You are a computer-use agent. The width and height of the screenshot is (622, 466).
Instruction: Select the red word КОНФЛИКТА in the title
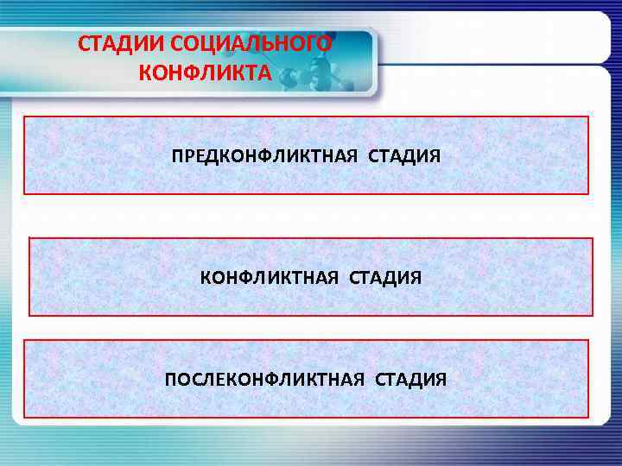[204, 72]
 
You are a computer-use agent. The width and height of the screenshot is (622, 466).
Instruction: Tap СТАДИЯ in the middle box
[385, 278]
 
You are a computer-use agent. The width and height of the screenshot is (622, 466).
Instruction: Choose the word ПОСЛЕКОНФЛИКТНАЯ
[265, 380]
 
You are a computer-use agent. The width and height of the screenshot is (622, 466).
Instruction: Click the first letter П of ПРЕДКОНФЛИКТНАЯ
[177, 157]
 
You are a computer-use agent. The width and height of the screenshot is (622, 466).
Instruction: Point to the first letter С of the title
[84, 45]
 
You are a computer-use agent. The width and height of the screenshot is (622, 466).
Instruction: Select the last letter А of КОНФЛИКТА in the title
[264, 72]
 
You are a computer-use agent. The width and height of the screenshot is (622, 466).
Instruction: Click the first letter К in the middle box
[206, 278]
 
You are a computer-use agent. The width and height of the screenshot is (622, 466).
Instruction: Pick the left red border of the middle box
[29, 277]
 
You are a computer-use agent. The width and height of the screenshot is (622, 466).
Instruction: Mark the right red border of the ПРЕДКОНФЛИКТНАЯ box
[588, 155]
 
